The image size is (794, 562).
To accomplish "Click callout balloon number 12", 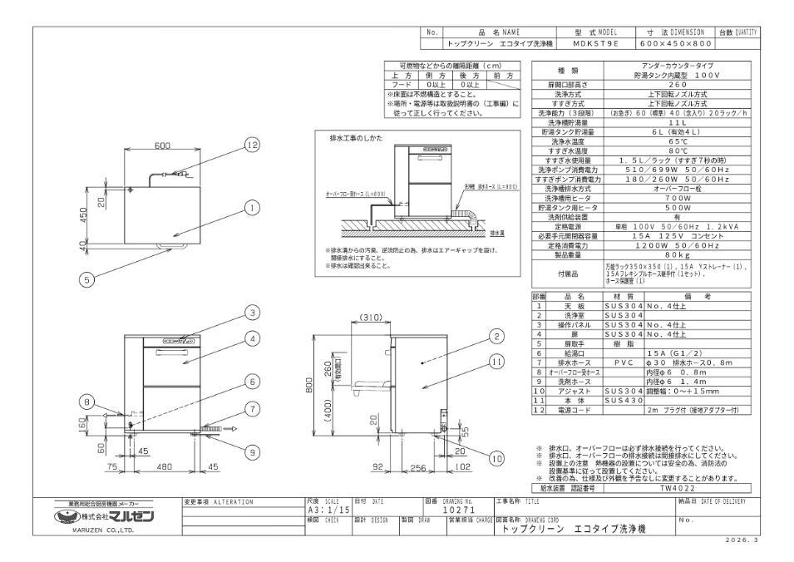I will click(229, 145).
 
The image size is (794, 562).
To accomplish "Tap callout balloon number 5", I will click(86, 280).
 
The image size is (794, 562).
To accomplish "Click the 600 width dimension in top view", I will click(163, 145).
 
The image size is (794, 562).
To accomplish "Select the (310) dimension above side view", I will click(371, 318).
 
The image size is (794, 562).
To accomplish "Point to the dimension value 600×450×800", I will click(676, 42).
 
